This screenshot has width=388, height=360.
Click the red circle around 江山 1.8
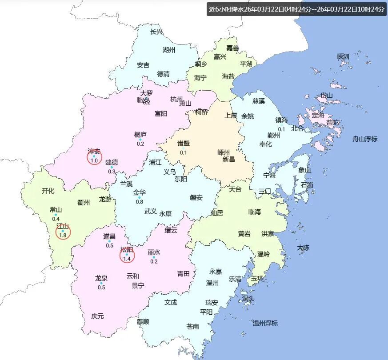(63, 231)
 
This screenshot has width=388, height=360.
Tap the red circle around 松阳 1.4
(127, 254)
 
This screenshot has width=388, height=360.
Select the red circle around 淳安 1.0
(94, 157)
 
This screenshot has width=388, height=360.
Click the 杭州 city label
(176, 99)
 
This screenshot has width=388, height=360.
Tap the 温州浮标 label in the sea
(265, 323)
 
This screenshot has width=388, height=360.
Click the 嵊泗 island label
(343, 56)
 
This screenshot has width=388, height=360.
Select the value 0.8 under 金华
(140, 202)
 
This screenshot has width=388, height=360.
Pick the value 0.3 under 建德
(112, 172)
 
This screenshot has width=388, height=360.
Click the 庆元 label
(97, 316)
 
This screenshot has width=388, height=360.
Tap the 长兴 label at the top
(156, 32)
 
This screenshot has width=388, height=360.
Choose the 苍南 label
(193, 327)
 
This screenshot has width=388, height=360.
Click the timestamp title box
(297, 9)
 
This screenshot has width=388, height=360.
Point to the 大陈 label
(303, 248)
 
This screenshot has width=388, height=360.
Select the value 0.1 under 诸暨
(183, 152)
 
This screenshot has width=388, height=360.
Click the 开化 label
(48, 191)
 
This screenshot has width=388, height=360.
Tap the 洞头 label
(248, 298)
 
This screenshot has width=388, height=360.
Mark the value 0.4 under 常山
(56, 219)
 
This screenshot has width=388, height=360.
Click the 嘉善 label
(232, 48)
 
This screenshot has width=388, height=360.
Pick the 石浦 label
(307, 184)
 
